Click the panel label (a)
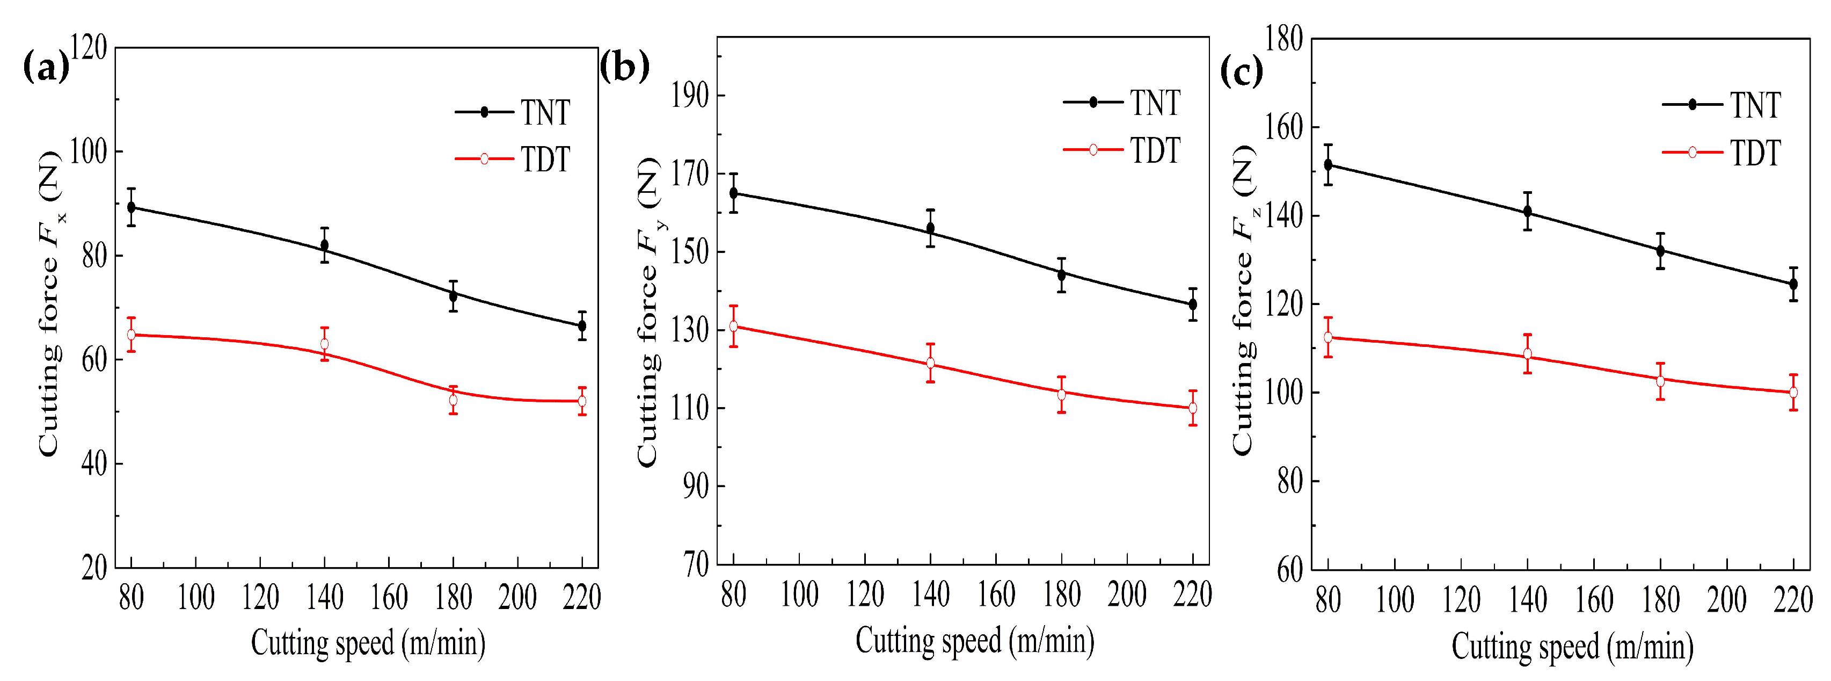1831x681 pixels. (x=46, y=68)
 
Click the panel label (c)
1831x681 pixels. (x=1241, y=71)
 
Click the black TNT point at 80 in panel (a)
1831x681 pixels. (x=132, y=207)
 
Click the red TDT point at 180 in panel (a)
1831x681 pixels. (x=453, y=400)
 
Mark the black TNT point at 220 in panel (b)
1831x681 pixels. (x=1193, y=304)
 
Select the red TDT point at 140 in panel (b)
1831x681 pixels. (x=930, y=363)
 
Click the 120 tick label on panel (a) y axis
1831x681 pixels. (x=90, y=49)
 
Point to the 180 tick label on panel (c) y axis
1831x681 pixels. (x=1283, y=39)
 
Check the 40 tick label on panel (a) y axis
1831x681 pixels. (x=94, y=464)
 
